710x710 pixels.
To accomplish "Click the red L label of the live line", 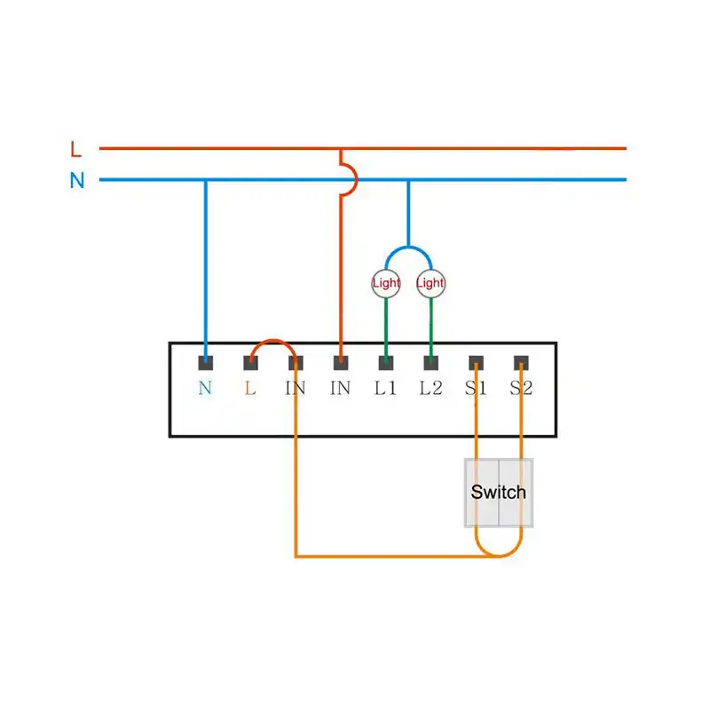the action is (75, 149).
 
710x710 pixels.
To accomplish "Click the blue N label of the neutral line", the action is (77, 180).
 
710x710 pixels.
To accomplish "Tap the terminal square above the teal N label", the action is (206, 363).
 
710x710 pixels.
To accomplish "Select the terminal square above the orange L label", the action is (250, 363).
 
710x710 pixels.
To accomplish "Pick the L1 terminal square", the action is (386, 363).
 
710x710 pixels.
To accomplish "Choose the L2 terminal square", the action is (431, 363).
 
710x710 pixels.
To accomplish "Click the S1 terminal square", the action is (476, 363).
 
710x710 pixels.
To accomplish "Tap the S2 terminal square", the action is (521, 363).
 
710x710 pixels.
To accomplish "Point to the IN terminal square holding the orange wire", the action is (296, 363).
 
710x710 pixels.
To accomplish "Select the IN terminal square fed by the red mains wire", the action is (341, 363).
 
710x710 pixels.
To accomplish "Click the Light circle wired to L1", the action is (386, 283).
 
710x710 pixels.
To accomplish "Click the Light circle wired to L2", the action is (430, 283).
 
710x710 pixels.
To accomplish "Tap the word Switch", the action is (499, 493).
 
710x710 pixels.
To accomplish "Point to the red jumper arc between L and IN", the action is (273, 341).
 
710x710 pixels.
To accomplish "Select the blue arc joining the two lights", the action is (408, 248).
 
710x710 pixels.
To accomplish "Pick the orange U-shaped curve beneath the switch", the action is (499, 556).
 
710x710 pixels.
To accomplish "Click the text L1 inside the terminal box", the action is (385, 388).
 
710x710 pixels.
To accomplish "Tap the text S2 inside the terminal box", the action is (521, 388).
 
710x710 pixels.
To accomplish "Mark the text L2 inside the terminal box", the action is (430, 388).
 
